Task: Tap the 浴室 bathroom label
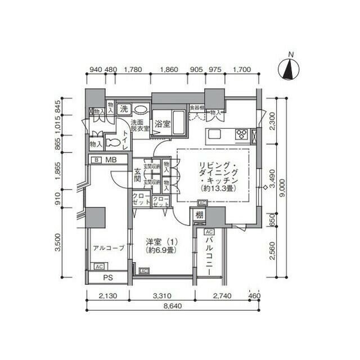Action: pos(163,123)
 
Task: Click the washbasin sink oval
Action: pos(142,110)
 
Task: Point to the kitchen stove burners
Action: pos(242,134)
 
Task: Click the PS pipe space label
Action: pos(107,278)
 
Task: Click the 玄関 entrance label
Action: pos(137,175)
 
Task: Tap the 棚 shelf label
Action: pos(199,215)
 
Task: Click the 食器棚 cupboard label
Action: pos(196,107)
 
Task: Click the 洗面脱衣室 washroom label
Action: pos(139,125)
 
